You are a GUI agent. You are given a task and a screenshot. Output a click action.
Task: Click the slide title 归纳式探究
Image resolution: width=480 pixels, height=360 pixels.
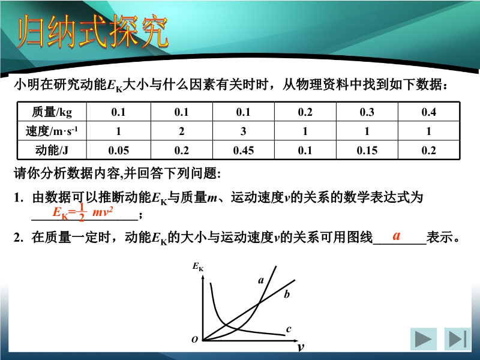pos(92,32)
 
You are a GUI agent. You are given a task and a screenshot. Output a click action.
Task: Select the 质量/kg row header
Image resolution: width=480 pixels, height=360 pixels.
pos(52,112)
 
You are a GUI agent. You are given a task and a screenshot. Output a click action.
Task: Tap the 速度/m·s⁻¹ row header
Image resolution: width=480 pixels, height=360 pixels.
pos(52,131)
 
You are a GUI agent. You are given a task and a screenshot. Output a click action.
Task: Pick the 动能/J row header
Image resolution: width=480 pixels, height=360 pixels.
pos(52,151)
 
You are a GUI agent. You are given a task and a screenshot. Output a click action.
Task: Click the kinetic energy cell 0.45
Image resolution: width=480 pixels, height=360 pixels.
pos(244,151)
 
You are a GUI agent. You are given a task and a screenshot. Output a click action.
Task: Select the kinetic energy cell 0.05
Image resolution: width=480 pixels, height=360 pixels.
pos(118,151)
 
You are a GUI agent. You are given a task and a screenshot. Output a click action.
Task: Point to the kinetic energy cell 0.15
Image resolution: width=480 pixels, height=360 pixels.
pos(367,151)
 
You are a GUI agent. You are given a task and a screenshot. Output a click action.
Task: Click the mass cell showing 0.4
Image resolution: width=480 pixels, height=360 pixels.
pos(428,112)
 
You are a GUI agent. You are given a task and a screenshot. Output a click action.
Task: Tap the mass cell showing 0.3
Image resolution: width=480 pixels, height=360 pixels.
pos(367,112)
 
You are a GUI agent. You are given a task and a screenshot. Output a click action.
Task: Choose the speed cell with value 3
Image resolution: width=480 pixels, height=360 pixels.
pos(244,131)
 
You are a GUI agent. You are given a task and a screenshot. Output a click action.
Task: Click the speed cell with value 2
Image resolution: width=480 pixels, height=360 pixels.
pos(182,131)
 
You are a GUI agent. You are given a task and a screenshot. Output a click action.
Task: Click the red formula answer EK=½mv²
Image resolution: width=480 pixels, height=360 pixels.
pos(83,212)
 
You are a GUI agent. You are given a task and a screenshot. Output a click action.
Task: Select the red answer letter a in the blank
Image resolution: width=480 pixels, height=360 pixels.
pos(397,235)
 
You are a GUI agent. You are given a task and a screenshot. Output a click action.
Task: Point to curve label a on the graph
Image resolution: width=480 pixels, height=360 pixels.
pos(261,280)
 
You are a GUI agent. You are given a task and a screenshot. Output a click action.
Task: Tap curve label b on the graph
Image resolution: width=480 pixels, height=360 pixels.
pos(287,294)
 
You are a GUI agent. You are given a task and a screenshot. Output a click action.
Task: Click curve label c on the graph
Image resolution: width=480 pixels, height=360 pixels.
pos(289,329)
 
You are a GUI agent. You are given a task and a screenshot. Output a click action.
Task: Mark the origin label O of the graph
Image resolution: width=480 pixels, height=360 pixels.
pos(194,340)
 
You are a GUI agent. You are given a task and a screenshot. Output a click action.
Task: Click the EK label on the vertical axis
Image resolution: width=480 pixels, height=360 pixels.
pos(198,266)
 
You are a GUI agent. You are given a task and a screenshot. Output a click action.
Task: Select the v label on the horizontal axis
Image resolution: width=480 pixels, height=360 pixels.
pos(301,347)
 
